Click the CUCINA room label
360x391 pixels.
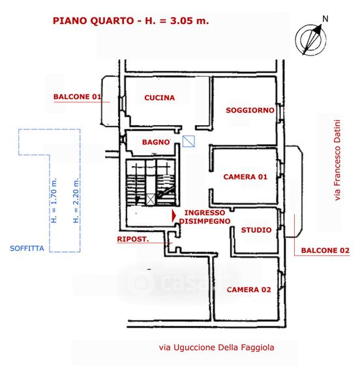coord(159,98)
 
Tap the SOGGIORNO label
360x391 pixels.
coord(250,110)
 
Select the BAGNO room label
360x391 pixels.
coord(156,142)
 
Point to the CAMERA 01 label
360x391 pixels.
coord(245,177)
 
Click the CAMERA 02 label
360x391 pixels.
coord(248,289)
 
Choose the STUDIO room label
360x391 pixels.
coord(256,230)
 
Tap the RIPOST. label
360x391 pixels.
coord(133,239)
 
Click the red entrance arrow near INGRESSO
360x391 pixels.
coord(174,216)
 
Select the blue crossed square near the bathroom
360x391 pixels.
coord(188,141)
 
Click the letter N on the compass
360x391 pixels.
coord(325,19)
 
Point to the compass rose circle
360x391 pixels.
coord(310,40)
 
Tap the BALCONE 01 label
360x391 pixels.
coord(78,96)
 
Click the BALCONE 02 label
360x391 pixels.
coord(325,250)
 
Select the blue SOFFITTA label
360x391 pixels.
coord(27,248)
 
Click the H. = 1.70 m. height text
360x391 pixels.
coord(54,201)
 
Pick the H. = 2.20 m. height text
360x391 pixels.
coord(76,201)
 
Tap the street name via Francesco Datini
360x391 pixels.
coord(337,160)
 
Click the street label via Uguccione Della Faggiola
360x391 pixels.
coord(217,347)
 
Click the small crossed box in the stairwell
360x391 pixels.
coord(150,200)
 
